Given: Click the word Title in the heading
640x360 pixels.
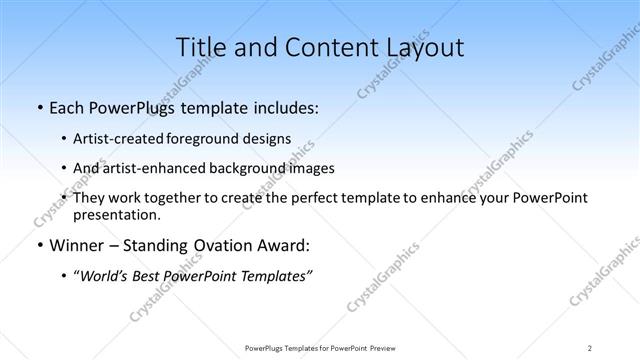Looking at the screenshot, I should click(x=198, y=47).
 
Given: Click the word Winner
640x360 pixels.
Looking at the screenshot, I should click(x=77, y=245).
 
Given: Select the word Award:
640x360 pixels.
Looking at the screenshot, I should click(x=283, y=245).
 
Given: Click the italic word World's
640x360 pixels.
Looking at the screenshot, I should click(x=104, y=276).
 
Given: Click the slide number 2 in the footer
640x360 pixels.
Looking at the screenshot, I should click(x=590, y=348).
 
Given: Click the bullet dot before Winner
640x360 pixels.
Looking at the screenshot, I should click(x=38, y=246).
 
